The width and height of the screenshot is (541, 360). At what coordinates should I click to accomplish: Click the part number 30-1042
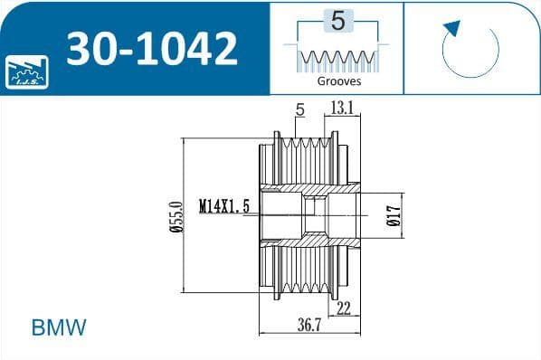point(152,48)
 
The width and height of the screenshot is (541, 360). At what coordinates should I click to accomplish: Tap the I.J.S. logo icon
point(26,72)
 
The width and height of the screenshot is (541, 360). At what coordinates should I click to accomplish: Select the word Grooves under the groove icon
point(339,81)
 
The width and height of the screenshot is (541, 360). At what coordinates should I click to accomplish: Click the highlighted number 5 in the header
point(338,21)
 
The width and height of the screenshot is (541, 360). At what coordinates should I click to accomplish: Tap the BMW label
point(59,327)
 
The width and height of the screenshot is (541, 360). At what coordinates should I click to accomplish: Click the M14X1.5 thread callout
point(224,206)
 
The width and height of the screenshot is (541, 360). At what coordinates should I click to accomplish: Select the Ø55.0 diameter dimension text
point(176,217)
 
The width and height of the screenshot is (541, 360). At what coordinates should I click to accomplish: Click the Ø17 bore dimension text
point(394,216)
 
